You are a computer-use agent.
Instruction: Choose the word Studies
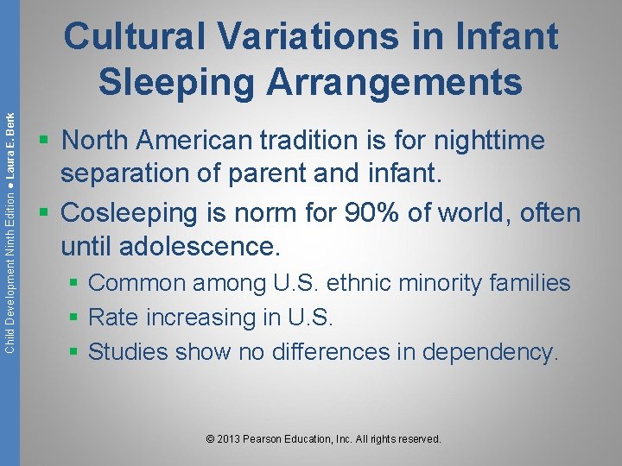(129, 352)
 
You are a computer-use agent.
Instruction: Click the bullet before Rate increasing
(78, 318)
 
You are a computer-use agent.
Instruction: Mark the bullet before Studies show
(78, 352)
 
